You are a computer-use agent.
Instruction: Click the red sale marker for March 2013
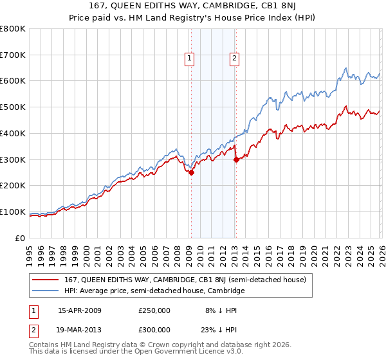pyautogui.click(x=236, y=159)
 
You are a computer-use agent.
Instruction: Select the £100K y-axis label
pyautogui.click(x=14, y=212)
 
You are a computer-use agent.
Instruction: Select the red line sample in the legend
pyautogui.click(x=46, y=280)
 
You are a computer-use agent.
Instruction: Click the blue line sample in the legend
pyautogui.click(x=46, y=291)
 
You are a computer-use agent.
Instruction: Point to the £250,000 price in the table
pyautogui.click(x=154, y=310)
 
